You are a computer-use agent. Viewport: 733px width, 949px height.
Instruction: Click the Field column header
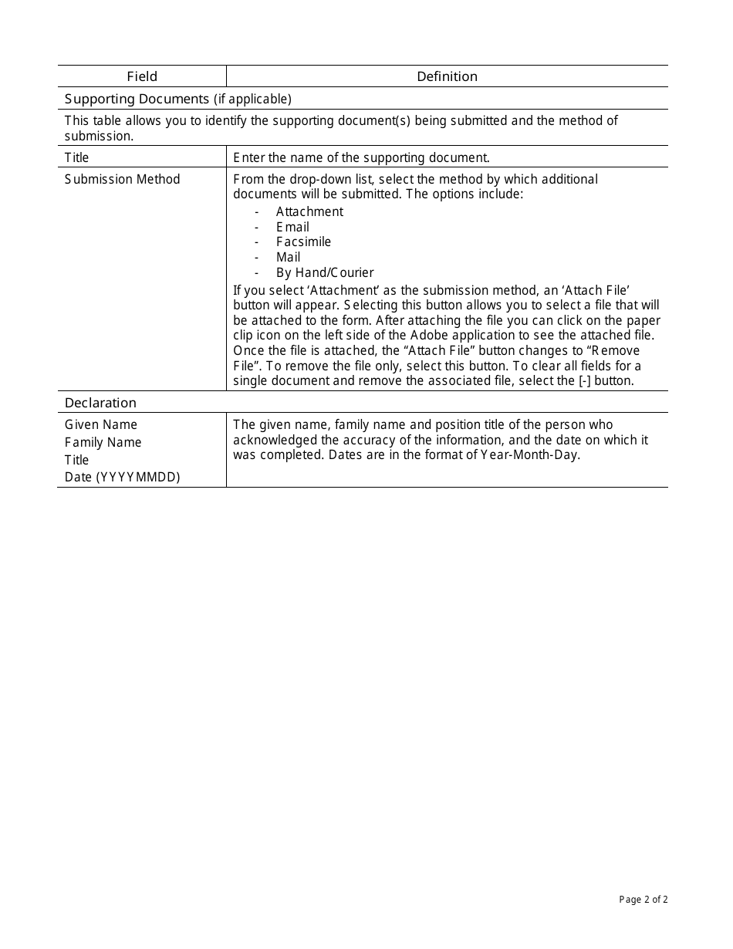(x=142, y=76)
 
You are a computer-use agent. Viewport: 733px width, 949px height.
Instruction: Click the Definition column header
(x=447, y=76)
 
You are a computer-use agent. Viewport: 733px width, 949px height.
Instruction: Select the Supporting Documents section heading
(x=177, y=99)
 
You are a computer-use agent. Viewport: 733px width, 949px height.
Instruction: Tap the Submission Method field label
(x=122, y=179)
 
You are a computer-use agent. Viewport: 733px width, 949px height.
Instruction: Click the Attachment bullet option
(x=309, y=211)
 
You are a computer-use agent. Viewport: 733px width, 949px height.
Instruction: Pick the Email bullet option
(x=292, y=227)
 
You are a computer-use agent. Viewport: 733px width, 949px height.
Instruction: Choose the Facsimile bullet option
(x=303, y=241)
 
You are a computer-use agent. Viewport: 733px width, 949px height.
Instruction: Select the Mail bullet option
(x=288, y=257)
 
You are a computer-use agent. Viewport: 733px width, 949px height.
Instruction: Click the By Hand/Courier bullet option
(x=324, y=272)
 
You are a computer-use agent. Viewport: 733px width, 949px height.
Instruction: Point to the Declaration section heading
(x=100, y=403)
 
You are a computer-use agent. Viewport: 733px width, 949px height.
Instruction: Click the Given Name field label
(x=101, y=424)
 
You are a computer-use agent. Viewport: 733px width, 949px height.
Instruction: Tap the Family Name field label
(x=103, y=442)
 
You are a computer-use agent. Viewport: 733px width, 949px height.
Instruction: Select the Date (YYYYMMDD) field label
(x=122, y=477)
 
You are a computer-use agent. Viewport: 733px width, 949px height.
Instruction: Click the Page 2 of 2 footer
(x=643, y=899)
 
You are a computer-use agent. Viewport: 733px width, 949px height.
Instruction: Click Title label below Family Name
(x=76, y=460)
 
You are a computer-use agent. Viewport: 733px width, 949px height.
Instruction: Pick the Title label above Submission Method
(x=76, y=157)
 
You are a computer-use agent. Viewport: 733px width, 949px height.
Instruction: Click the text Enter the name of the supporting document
(x=361, y=157)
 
